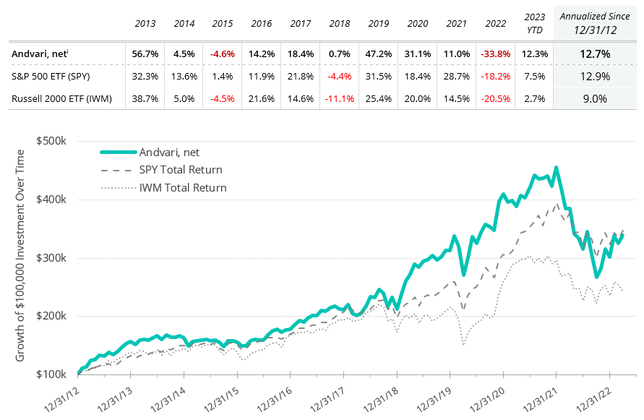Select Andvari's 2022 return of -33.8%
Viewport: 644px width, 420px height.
[495, 53]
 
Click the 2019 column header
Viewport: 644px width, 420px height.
[379, 24]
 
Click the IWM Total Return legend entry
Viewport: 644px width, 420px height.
[183, 188]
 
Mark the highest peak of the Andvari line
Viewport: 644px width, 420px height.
[556, 168]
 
